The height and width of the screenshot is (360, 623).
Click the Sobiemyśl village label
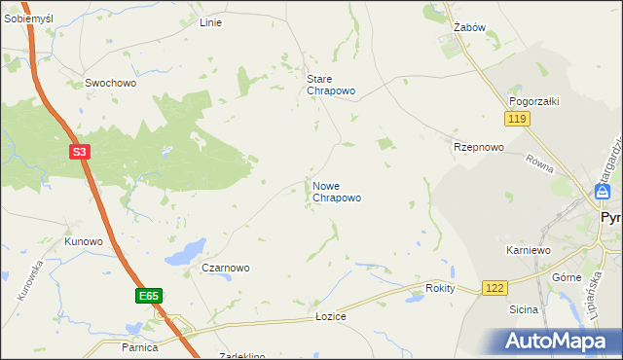28,19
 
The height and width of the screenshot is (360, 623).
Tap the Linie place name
210,22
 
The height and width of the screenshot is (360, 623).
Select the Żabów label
469,28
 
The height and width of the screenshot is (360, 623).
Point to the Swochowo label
110,84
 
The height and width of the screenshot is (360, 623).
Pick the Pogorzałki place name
532,101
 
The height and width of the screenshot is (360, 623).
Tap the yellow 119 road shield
516,118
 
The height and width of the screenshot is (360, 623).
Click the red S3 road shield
81,152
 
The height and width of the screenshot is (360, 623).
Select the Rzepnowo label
479,147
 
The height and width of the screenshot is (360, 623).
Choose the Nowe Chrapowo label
337,191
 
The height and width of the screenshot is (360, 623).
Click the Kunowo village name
84,240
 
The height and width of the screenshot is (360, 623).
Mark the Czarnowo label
226,268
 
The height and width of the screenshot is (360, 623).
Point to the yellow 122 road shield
495,287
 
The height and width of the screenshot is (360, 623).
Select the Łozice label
331,317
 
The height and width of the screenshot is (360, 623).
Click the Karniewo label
529,250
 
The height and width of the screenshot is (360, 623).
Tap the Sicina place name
524,309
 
